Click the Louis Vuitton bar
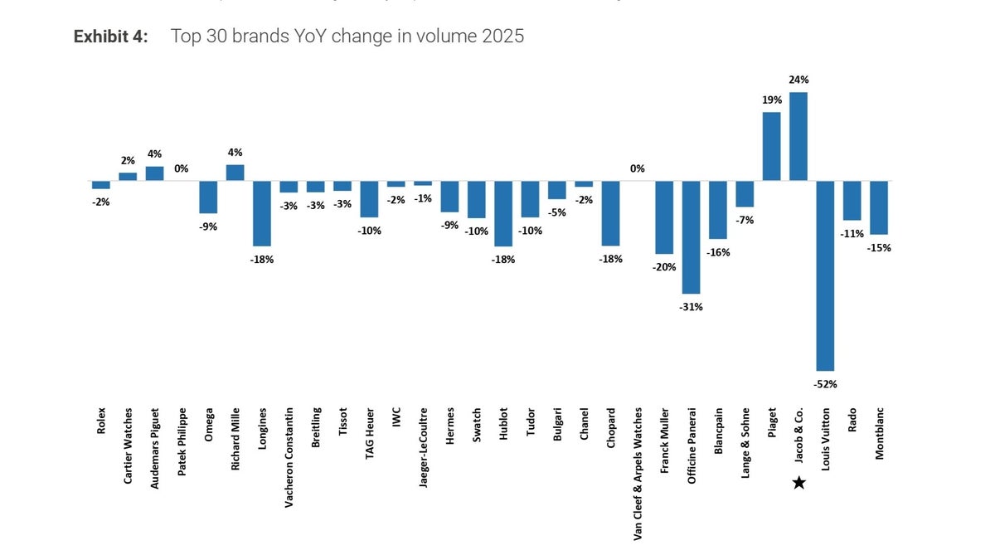click(825, 275)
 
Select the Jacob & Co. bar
click(798, 137)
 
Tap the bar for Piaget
click(771, 147)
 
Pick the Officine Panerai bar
click(691, 237)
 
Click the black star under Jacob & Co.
click(798, 483)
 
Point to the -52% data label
click(825, 384)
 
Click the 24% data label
click(798, 80)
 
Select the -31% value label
click(691, 307)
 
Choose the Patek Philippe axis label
click(182, 440)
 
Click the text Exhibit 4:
click(110, 37)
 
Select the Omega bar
click(208, 197)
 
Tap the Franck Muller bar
click(664, 217)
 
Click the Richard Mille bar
click(235, 173)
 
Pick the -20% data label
click(664, 267)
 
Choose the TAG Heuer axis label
click(369, 435)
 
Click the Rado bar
click(852, 201)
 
